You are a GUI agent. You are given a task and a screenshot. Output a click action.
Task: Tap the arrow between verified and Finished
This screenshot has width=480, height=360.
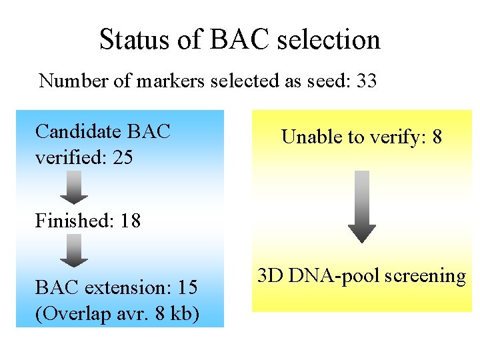(x=74, y=187)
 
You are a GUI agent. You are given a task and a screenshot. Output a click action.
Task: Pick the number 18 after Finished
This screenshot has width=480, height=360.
(x=131, y=221)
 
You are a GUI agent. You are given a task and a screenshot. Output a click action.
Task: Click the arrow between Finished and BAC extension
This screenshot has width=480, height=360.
(x=74, y=250)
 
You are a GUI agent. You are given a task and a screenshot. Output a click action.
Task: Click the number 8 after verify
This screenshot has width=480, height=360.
(x=437, y=137)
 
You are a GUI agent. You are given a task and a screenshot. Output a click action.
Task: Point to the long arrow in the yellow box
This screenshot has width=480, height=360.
(x=361, y=207)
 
